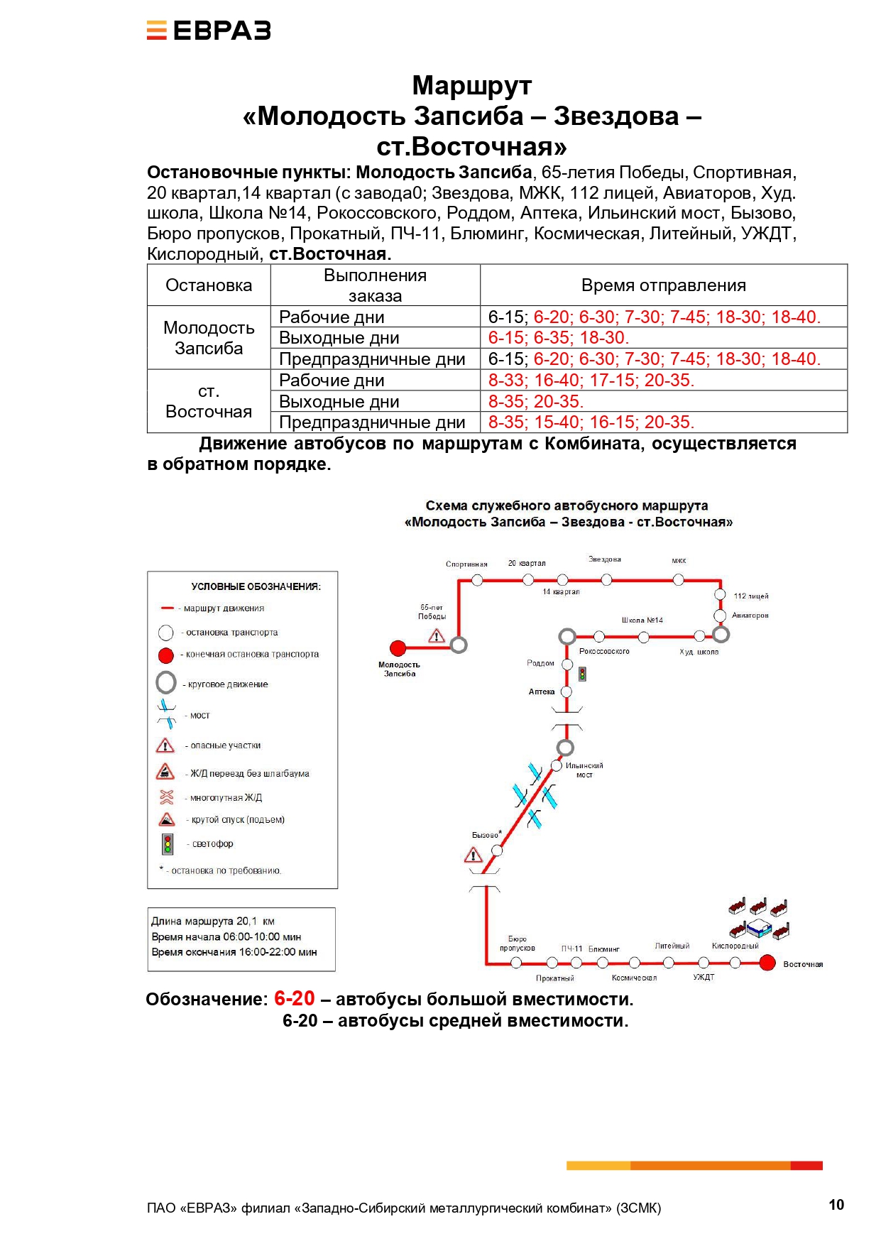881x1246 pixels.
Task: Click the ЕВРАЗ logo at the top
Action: pos(209,31)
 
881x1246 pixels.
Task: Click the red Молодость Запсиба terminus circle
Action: pos(398,647)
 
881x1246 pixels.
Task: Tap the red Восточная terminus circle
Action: pos(767,963)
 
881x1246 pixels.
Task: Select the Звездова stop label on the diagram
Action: pos(605,559)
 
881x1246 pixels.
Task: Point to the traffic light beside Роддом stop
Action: pos(582,673)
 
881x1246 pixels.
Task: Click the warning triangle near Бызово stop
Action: pos(473,856)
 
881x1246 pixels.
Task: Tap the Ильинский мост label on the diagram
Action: pos(584,770)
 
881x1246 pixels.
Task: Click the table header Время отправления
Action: pos(663,285)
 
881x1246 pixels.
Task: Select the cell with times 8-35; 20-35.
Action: pos(535,401)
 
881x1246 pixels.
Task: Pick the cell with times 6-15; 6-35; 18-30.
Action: pos(559,338)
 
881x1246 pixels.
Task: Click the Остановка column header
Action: pos(209,285)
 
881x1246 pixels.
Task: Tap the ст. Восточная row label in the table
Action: pos(209,401)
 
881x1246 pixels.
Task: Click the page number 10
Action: pos(836,1204)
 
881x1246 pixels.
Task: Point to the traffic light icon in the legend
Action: pos(168,843)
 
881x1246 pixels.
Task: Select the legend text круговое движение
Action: pos(228,684)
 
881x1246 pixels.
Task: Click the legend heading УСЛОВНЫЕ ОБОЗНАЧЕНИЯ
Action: pos(256,586)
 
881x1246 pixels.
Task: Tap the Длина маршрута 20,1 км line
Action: pos(213,921)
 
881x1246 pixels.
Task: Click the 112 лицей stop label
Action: pos(750,596)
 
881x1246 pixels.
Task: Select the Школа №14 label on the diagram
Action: pos(642,620)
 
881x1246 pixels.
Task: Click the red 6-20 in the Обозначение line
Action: pos(294,998)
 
